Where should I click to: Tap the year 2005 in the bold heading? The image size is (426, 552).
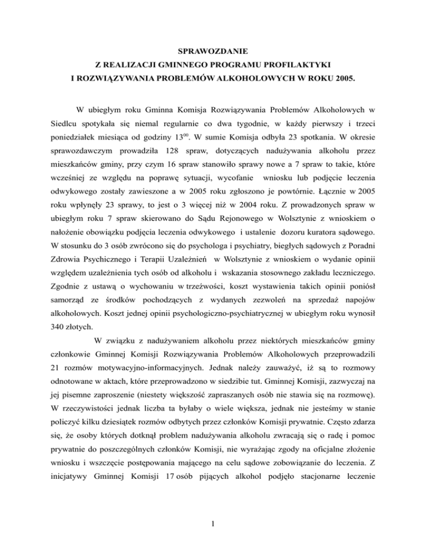pos(342,87)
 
